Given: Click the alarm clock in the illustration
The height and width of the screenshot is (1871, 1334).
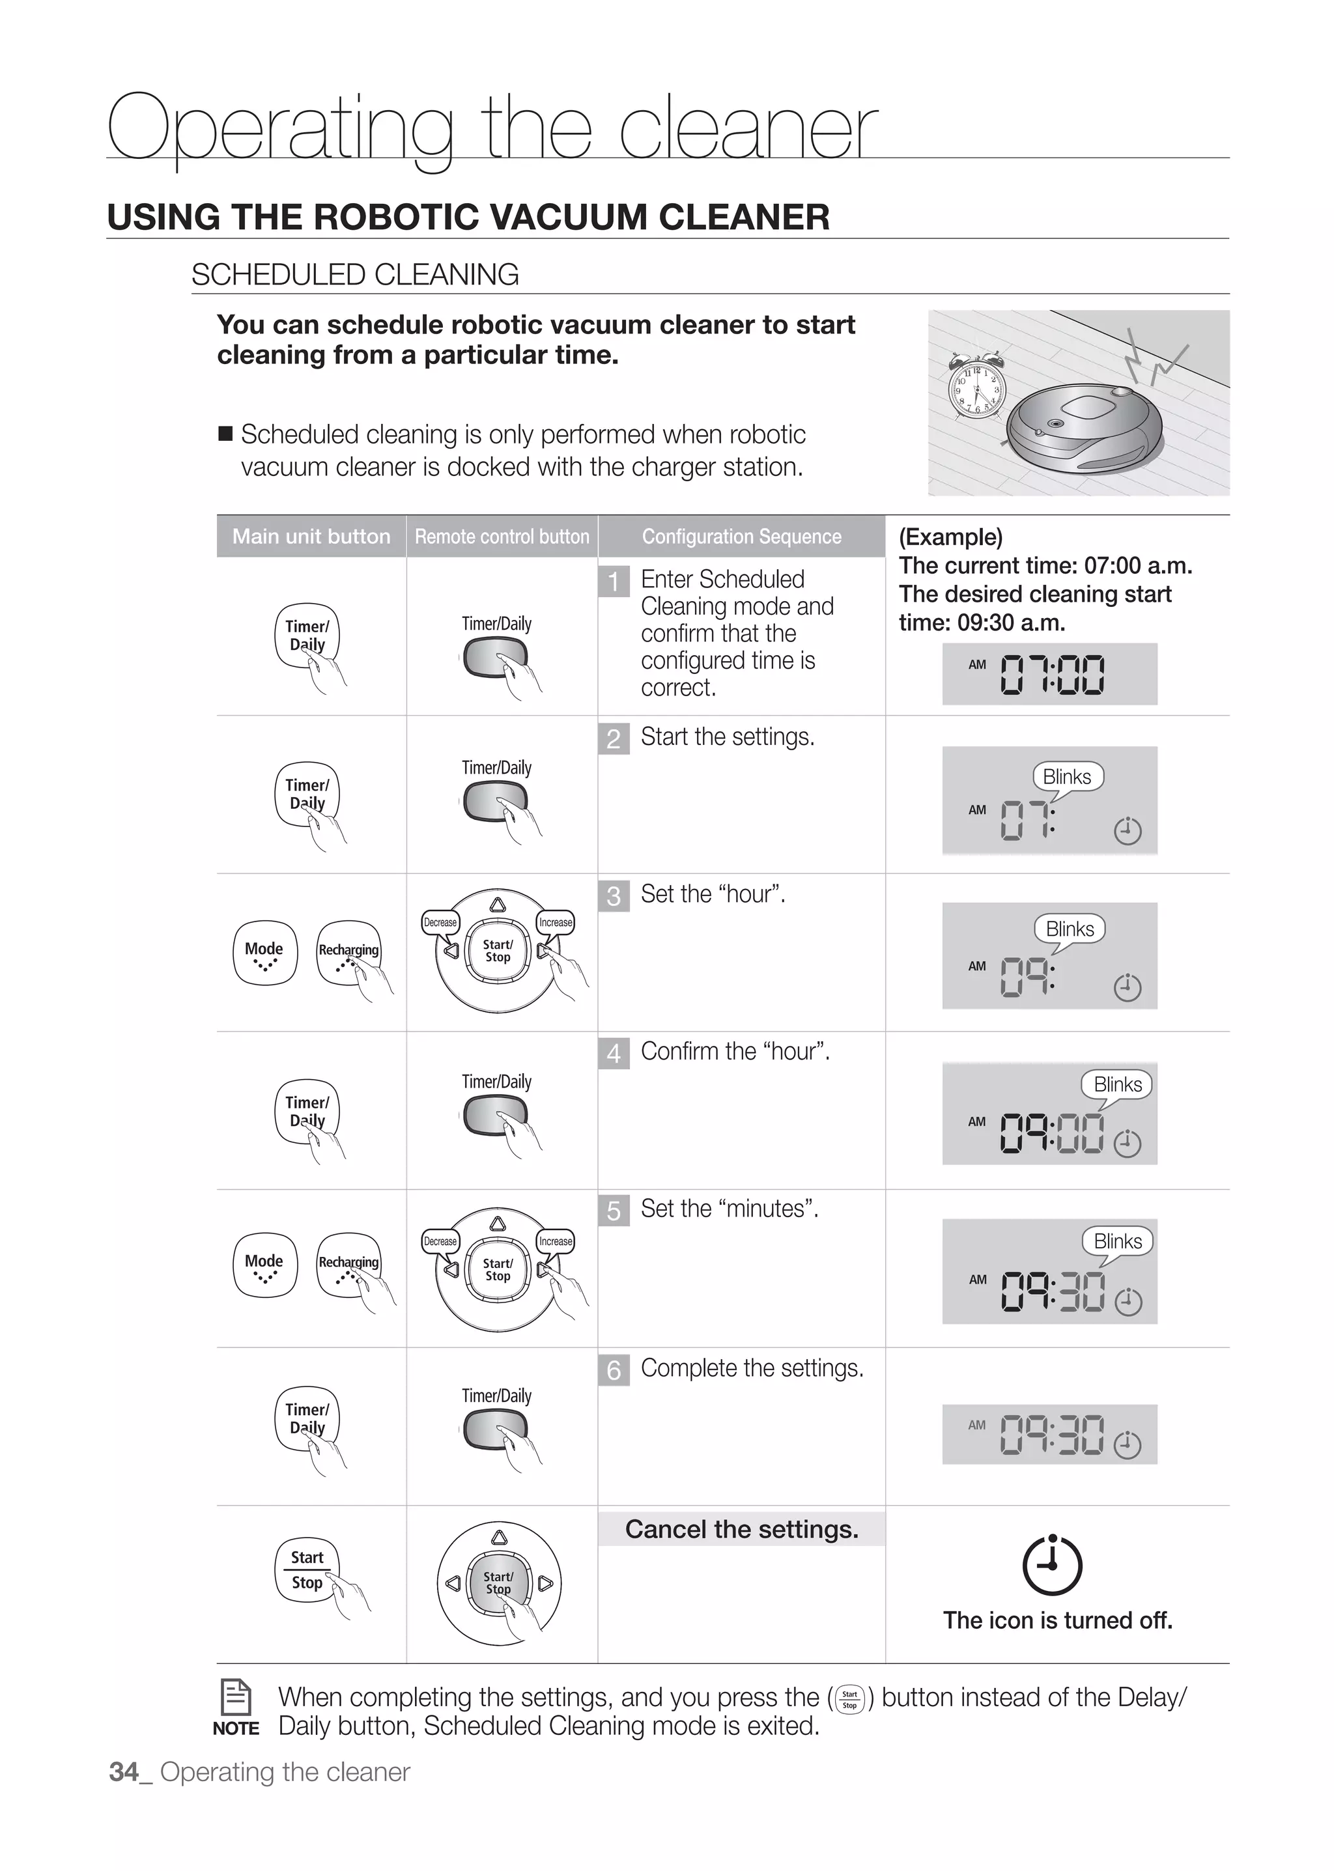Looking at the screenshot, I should tap(976, 386).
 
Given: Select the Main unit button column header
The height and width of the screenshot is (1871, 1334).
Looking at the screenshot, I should tap(311, 537).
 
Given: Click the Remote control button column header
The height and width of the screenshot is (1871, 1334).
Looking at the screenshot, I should tap(502, 537).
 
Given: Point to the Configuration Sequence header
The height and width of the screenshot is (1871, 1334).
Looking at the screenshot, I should tap(742, 537).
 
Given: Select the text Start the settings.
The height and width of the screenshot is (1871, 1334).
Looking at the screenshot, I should tap(727, 737).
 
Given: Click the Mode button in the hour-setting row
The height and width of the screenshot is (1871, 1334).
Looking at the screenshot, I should tap(264, 953).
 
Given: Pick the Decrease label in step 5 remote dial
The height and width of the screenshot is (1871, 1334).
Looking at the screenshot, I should tap(440, 1241).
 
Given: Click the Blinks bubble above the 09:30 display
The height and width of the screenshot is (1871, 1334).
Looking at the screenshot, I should tap(1117, 1241).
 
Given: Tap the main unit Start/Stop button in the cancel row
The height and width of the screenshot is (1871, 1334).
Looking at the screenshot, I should tap(306, 1569).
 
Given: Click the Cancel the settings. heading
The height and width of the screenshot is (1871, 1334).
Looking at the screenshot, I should tap(742, 1529).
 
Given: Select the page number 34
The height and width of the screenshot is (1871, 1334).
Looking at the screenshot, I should tap(124, 1773).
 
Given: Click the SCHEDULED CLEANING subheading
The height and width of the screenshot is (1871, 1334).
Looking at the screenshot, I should tap(355, 274).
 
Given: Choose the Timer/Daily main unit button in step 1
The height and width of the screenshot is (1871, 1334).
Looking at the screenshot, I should tap(305, 636).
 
